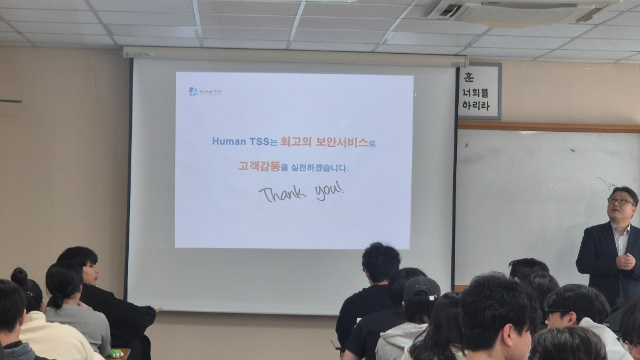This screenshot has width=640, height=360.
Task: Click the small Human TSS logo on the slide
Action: click(x=204, y=91)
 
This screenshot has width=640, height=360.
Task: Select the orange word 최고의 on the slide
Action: click(x=296, y=142)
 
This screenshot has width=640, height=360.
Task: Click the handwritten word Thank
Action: click(x=282, y=194)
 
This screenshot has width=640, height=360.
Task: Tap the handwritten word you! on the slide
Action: click(x=329, y=190)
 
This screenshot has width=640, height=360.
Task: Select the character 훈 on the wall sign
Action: click(x=469, y=77)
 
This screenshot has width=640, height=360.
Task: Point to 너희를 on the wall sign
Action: click(x=476, y=92)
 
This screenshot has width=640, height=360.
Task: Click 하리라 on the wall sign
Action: click(x=476, y=105)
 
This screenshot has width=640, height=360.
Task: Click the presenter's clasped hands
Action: click(x=625, y=260)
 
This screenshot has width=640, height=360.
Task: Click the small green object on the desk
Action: click(x=116, y=353)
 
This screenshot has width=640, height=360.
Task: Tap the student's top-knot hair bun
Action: click(x=19, y=276)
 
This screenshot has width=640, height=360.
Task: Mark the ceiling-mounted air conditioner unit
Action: click(x=519, y=11)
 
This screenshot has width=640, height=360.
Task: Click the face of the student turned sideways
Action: click(x=92, y=272)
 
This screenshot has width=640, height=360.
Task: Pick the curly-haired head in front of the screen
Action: click(x=381, y=262)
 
